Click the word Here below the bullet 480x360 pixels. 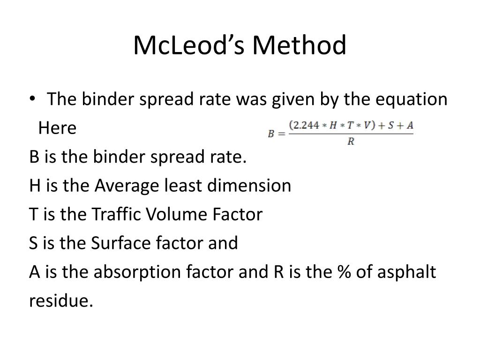[57, 128]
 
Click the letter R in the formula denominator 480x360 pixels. [351, 141]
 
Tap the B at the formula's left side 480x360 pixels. [271, 134]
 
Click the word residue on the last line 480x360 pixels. [61, 300]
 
